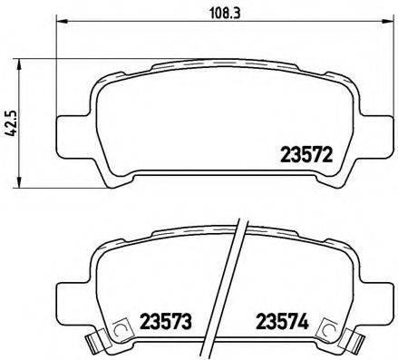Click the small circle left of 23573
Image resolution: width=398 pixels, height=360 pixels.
pos(120,331)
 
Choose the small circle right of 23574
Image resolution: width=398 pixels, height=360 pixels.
pos(325,331)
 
